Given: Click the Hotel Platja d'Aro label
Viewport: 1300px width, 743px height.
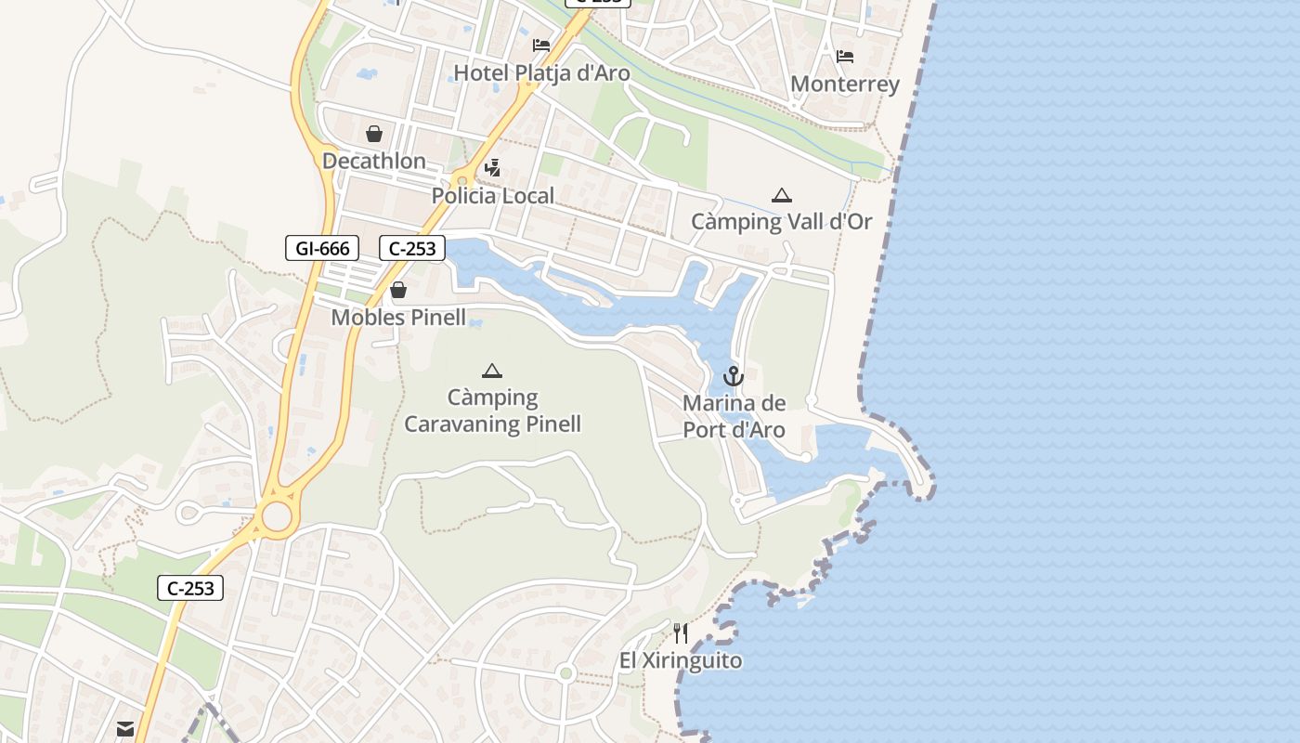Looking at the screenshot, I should (541, 73).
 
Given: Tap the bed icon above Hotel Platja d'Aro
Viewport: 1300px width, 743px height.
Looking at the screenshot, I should (541, 45).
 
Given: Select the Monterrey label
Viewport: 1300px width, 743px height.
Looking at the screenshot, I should (845, 85).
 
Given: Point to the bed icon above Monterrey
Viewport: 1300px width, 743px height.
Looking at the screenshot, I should (845, 57).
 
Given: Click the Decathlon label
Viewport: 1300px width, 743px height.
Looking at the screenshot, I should (374, 162).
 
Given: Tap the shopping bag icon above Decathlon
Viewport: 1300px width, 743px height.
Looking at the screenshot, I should (374, 134).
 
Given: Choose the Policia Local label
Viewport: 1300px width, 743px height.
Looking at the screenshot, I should (493, 196).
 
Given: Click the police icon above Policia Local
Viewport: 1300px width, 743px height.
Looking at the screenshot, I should (493, 168).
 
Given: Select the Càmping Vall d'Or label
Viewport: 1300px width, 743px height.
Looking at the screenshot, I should (782, 222).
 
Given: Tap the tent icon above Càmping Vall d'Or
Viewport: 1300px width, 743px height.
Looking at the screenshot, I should (782, 195).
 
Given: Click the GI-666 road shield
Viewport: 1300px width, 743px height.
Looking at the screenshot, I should (322, 248).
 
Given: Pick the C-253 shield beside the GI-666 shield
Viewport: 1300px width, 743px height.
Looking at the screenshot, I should (412, 248).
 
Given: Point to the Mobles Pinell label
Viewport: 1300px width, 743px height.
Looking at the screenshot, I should (398, 318).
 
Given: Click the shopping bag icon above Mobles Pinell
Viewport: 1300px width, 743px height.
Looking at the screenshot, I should (398, 290).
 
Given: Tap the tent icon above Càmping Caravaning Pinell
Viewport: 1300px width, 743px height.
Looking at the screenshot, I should (492, 371).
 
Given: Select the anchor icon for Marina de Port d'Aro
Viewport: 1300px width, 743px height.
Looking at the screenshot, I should (734, 376).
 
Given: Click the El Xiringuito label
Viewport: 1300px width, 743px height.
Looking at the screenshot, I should (681, 661).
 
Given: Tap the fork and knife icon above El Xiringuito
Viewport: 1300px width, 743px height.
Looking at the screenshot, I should (681, 633).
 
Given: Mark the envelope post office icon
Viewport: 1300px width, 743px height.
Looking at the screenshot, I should (125, 729).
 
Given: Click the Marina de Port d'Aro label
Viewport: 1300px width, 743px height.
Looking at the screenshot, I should (734, 417).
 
